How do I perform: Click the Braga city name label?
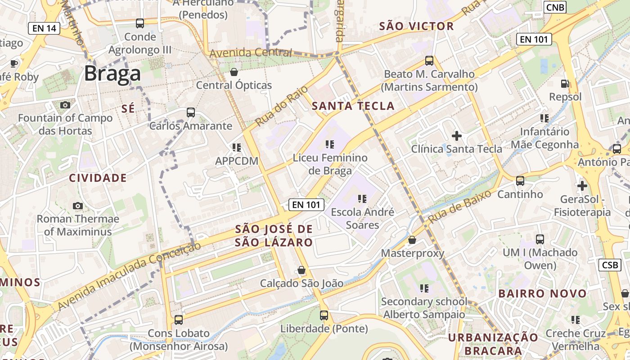[x=112, y=73]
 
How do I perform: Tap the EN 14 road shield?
[x=44, y=28]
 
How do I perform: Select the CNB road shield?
[x=555, y=7]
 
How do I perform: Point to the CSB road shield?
[x=609, y=265]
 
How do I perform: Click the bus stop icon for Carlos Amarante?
[x=191, y=112]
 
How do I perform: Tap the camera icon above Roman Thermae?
[x=78, y=206]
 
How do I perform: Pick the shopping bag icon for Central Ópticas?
[x=234, y=72]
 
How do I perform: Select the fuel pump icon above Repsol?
[x=565, y=83]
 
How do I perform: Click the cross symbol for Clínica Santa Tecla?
[x=457, y=135]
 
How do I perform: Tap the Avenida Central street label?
[x=251, y=53]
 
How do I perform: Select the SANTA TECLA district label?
[x=353, y=106]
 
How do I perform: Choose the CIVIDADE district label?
[x=98, y=178]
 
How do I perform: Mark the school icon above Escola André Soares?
[x=362, y=198]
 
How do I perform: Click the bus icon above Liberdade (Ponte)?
[x=324, y=315]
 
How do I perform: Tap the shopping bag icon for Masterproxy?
[x=412, y=240]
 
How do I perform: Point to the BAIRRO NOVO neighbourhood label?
[x=543, y=294]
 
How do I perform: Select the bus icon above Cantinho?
[x=520, y=181]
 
